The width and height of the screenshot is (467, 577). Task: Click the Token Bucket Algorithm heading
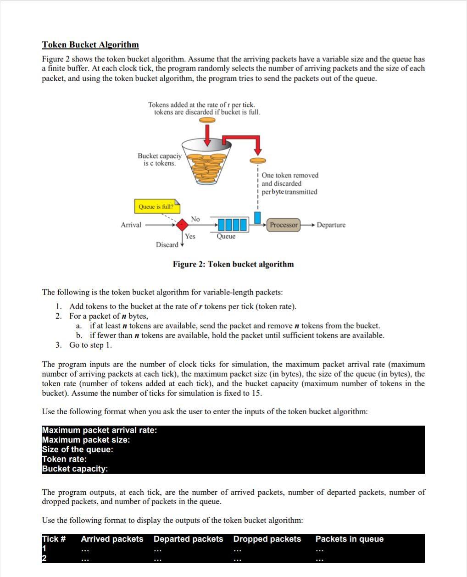[x=90, y=44]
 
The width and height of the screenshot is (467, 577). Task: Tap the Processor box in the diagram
[x=284, y=225]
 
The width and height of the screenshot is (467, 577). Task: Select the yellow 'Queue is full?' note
[x=156, y=206]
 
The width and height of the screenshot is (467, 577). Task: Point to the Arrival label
[x=131, y=225]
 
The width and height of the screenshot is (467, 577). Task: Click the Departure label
[x=331, y=225]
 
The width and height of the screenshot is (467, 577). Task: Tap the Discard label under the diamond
[x=167, y=244]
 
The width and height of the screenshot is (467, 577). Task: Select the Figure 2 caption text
[x=233, y=264]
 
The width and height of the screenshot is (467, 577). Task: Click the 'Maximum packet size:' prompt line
[x=86, y=440]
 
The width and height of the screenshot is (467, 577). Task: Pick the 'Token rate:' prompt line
[x=64, y=459]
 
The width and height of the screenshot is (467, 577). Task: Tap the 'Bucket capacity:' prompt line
[x=75, y=469]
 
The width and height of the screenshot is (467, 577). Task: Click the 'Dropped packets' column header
[x=267, y=539]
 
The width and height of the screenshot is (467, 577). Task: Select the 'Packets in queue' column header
[x=349, y=539]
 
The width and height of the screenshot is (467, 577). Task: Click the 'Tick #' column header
[x=54, y=539]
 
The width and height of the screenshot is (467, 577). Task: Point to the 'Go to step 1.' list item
[x=90, y=345]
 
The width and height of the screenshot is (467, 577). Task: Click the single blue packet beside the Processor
[x=257, y=216]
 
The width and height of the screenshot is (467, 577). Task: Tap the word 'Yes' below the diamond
[x=190, y=236]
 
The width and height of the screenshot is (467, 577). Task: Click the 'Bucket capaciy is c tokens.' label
[x=159, y=160]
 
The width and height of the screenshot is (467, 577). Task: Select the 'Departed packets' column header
[x=188, y=539]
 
